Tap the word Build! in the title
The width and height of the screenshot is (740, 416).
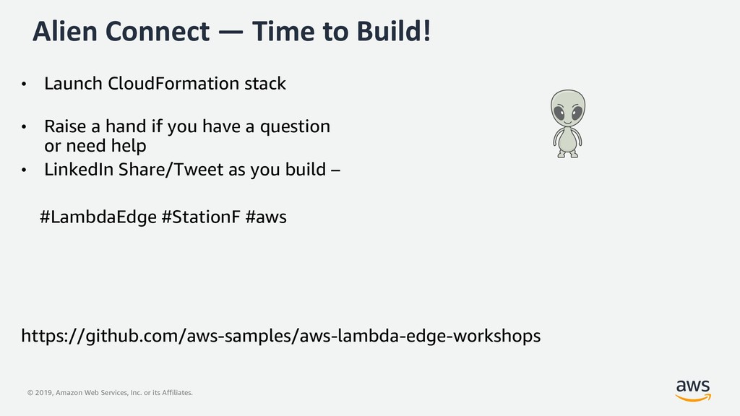pos(394,31)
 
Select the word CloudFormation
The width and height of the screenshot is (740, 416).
pos(173,84)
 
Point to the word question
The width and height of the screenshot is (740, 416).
pos(295,127)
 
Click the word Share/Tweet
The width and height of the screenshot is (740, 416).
pos(171,169)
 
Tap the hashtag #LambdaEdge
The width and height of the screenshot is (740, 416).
pos(98,217)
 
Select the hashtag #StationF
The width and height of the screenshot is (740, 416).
pos(201,217)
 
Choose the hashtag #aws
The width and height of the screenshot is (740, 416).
pos(266,217)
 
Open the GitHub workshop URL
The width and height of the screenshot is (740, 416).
pos(281,336)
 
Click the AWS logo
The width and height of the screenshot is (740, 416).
pos(693,391)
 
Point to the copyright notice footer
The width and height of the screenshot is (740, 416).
pos(110,392)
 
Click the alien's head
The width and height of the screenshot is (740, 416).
pos(568,108)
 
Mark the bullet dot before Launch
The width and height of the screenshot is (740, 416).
pos(24,84)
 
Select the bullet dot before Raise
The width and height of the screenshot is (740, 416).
pos(24,127)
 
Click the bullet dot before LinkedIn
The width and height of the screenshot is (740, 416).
pos(24,170)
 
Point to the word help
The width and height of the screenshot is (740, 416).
pos(129,146)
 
